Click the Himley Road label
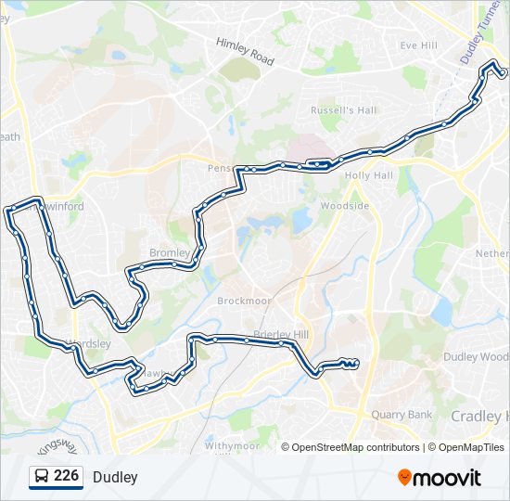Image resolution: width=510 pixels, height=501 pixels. [245, 51]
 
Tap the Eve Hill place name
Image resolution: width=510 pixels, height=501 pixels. [418, 45]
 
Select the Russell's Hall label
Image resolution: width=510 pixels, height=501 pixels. [344, 110]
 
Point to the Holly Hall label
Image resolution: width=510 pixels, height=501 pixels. [369, 175]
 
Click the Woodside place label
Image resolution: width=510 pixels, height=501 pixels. [344, 206]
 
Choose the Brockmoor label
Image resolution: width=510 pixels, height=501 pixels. [242, 302]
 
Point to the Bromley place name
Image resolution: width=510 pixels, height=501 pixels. [170, 252]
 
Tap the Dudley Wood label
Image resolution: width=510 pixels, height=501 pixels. [476, 356]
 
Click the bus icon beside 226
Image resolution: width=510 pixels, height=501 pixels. [42, 477]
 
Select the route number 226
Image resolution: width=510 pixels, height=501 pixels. [66, 476]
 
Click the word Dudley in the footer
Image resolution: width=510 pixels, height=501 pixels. [115, 477]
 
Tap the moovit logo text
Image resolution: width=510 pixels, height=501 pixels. [447, 478]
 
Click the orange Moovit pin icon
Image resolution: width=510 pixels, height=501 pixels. [404, 478]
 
